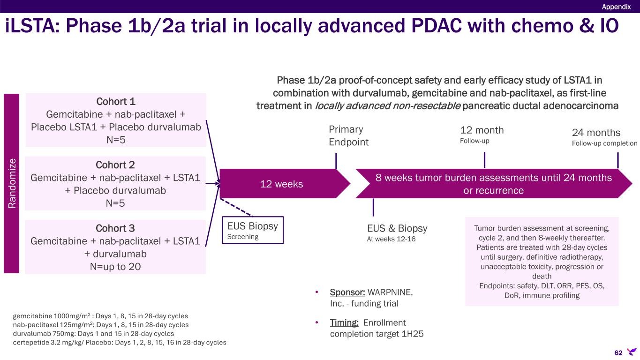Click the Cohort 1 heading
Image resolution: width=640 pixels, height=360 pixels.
115,102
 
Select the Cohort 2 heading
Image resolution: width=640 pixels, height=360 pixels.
115,165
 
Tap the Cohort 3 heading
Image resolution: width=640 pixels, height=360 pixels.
115,228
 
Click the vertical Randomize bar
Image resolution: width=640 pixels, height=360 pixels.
11,183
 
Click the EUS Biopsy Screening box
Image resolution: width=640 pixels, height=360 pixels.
253,230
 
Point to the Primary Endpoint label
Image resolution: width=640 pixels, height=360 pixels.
349,135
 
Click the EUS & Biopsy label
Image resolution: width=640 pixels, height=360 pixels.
397,228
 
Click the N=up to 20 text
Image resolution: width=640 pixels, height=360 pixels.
115,266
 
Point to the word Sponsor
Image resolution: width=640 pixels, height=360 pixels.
347,292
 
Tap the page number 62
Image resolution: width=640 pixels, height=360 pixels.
619,352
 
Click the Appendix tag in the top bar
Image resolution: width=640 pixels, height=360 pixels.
616,6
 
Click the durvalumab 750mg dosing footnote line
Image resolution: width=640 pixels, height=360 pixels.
93,333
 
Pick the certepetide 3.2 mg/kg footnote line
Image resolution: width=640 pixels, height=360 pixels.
120,342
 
